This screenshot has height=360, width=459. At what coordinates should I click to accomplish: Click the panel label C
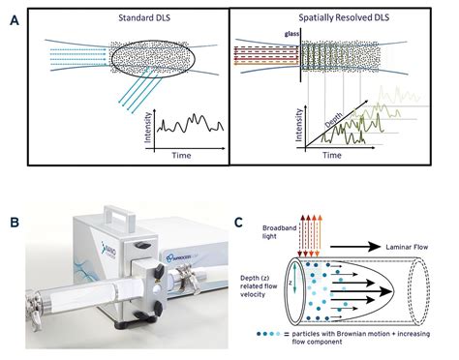coord(239,221)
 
